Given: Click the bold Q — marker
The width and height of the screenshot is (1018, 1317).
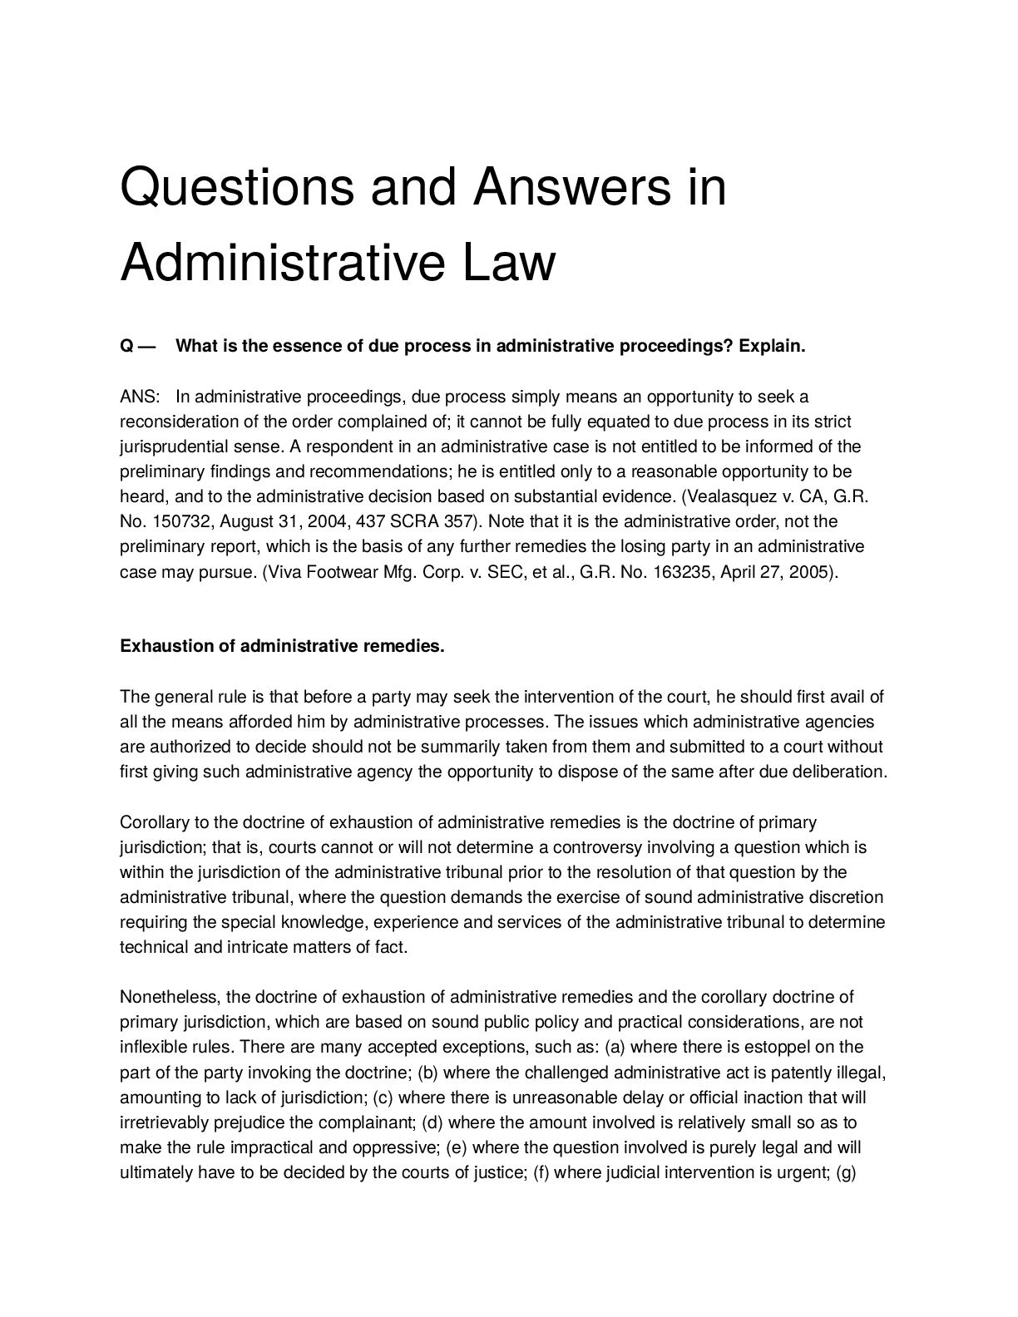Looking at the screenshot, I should pos(138,347).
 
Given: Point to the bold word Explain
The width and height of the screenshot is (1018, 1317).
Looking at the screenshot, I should pos(773,347).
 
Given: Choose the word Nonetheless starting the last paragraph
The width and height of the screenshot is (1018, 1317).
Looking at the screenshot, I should pos(170,997).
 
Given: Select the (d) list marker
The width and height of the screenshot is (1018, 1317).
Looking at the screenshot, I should pos(432,1122).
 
